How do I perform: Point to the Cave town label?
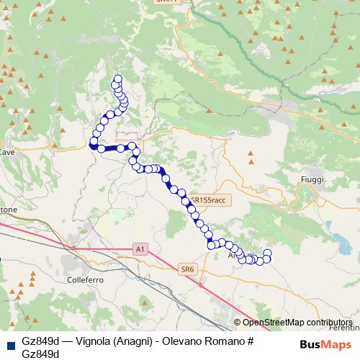[x=7, y=153]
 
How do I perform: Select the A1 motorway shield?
[x=141, y=249]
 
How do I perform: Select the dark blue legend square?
[x=9, y=345]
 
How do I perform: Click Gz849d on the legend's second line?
[x=41, y=354]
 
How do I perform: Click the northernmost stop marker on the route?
[x=117, y=78]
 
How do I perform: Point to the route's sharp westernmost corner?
[x=92, y=146]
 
